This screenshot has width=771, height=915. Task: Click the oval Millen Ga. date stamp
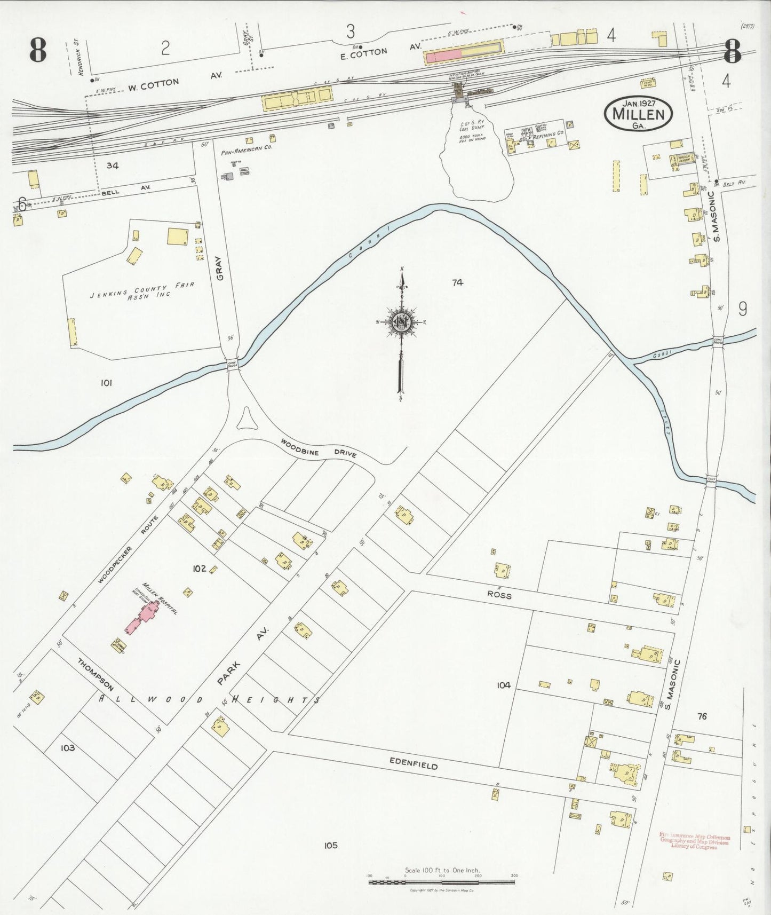point(638,113)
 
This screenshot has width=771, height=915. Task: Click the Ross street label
point(498,594)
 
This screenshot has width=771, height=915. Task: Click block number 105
point(330,845)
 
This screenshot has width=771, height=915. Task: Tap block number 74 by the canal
point(457,283)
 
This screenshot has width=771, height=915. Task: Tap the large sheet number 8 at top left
point(38,51)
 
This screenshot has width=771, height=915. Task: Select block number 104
point(503,685)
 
